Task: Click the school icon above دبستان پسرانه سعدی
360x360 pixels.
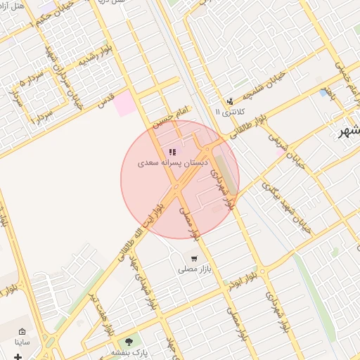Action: (x=172, y=151)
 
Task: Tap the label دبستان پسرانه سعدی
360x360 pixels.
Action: (x=172, y=162)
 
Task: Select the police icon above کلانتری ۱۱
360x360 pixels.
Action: (x=230, y=101)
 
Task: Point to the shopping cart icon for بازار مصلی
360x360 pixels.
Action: (x=193, y=259)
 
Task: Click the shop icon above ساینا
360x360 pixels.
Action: (x=22, y=332)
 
